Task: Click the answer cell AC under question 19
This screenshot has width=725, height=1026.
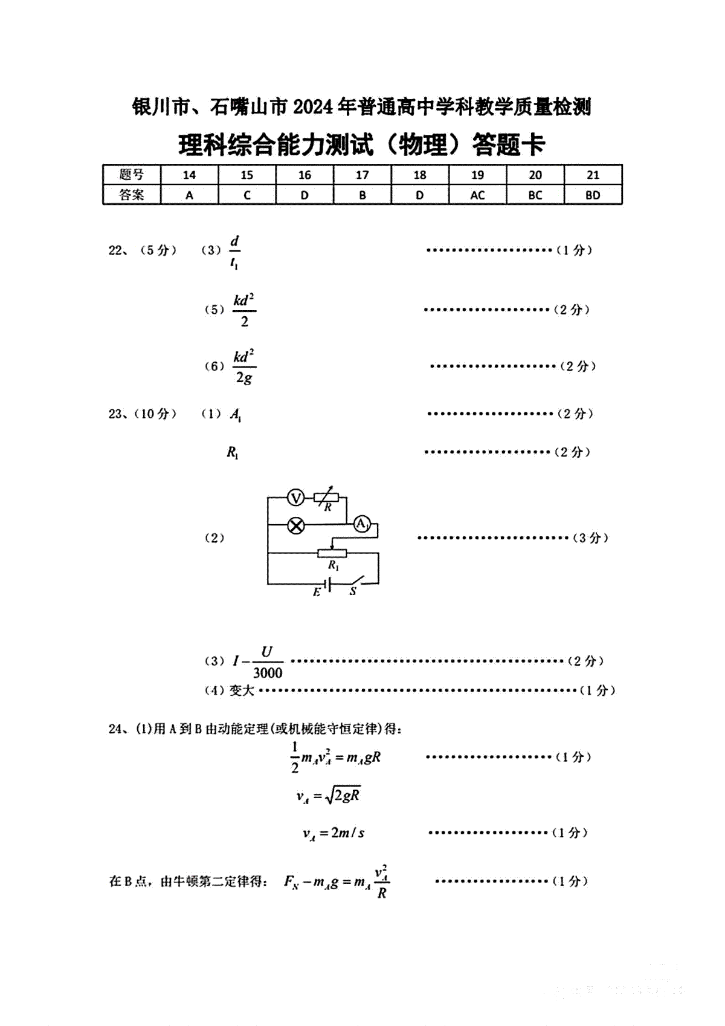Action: pyautogui.click(x=477, y=195)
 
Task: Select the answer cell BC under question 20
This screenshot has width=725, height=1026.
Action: pyautogui.click(x=535, y=195)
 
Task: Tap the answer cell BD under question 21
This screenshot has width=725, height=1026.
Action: pyautogui.click(x=593, y=195)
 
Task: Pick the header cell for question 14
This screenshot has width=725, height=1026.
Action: pyautogui.click(x=189, y=175)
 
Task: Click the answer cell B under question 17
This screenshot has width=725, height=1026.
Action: pyautogui.click(x=362, y=195)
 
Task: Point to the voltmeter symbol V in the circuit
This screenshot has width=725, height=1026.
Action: pyautogui.click(x=295, y=498)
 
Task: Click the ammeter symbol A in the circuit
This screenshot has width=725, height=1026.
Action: pyautogui.click(x=361, y=524)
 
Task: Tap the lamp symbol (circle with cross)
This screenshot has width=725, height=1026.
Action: pyautogui.click(x=295, y=525)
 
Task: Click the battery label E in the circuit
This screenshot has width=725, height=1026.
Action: pyautogui.click(x=317, y=592)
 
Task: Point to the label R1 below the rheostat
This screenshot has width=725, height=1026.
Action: pyautogui.click(x=333, y=565)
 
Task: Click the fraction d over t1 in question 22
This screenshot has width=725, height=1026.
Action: pyautogui.click(x=234, y=252)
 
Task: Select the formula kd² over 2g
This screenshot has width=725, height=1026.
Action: pyautogui.click(x=244, y=366)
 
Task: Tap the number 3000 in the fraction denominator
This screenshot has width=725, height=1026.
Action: pyautogui.click(x=268, y=673)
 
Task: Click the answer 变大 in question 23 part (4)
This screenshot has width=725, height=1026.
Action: pyautogui.click(x=242, y=690)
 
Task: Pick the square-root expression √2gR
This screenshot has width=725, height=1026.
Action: pyautogui.click(x=343, y=796)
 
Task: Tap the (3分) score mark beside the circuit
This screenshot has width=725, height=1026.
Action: pyautogui.click(x=590, y=537)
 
